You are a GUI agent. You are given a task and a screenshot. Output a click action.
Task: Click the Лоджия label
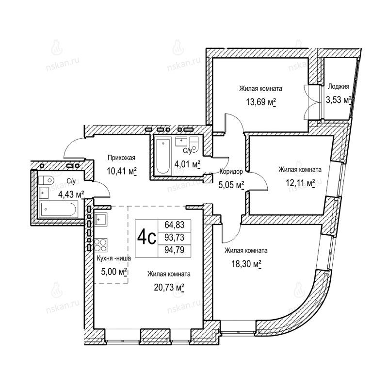coord(339,87)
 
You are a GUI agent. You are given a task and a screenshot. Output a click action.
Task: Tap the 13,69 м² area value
coord(261,102)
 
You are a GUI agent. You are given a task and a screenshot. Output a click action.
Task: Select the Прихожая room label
coord(122,158)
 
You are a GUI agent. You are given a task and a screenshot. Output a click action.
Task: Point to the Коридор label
coord(231,171)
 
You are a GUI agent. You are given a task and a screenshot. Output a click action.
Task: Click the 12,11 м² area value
coord(300,183)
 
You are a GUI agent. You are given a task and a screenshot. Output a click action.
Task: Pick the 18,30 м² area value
coord(246,264)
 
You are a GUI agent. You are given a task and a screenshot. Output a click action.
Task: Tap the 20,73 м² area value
coord(169,288)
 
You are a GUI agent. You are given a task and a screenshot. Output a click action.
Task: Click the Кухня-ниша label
coord(114,259)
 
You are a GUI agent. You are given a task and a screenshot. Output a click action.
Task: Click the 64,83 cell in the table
coord(175,225)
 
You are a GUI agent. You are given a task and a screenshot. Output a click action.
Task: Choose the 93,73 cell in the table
coord(175,238)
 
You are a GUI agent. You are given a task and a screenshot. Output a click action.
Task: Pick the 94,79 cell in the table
coord(175,250)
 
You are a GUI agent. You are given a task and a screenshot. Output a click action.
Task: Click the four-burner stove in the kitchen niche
coord(101,245)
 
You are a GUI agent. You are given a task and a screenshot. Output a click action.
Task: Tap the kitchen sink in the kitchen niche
coord(101,220)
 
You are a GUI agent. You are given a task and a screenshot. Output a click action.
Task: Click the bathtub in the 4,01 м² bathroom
coord(163,157)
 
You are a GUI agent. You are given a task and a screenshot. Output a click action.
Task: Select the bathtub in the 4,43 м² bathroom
coord(58,209)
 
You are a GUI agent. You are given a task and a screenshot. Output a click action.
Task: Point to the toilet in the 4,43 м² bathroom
coord(46,179)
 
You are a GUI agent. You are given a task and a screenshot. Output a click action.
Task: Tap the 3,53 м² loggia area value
coord(339,100)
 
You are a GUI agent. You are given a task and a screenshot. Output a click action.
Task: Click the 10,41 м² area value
coord(122,171)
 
